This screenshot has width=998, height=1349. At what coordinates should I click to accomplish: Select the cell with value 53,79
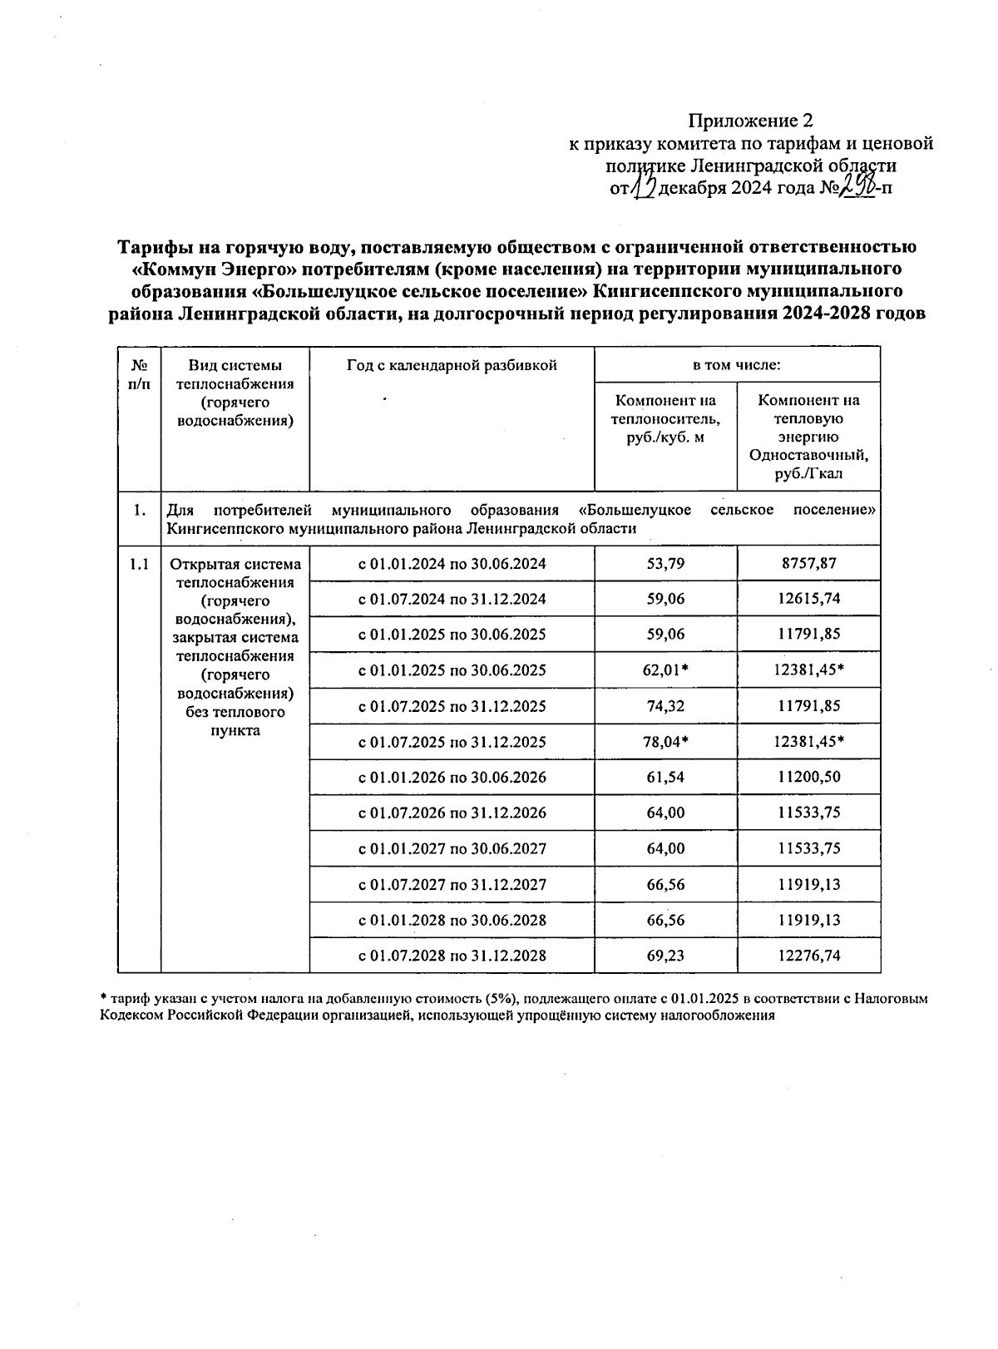click(665, 563)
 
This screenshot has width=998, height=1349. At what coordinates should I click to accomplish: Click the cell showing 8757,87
click(808, 563)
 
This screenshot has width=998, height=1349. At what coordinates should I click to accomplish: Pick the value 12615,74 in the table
click(808, 599)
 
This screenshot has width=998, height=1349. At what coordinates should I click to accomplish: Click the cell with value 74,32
click(665, 706)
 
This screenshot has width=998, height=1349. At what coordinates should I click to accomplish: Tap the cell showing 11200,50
click(808, 778)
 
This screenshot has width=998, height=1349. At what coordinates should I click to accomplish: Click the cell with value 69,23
click(665, 956)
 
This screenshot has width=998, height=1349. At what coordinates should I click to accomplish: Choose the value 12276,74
click(808, 956)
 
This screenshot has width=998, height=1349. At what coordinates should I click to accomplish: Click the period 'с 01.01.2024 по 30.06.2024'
click(452, 563)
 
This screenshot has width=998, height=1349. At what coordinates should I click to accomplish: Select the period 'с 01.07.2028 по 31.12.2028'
click(452, 956)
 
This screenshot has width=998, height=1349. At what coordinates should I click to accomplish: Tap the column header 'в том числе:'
click(737, 364)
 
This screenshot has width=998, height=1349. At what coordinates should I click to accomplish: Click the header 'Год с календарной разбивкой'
click(452, 364)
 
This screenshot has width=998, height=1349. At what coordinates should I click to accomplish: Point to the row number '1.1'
click(139, 564)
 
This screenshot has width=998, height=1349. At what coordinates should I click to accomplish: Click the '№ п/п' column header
click(139, 373)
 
